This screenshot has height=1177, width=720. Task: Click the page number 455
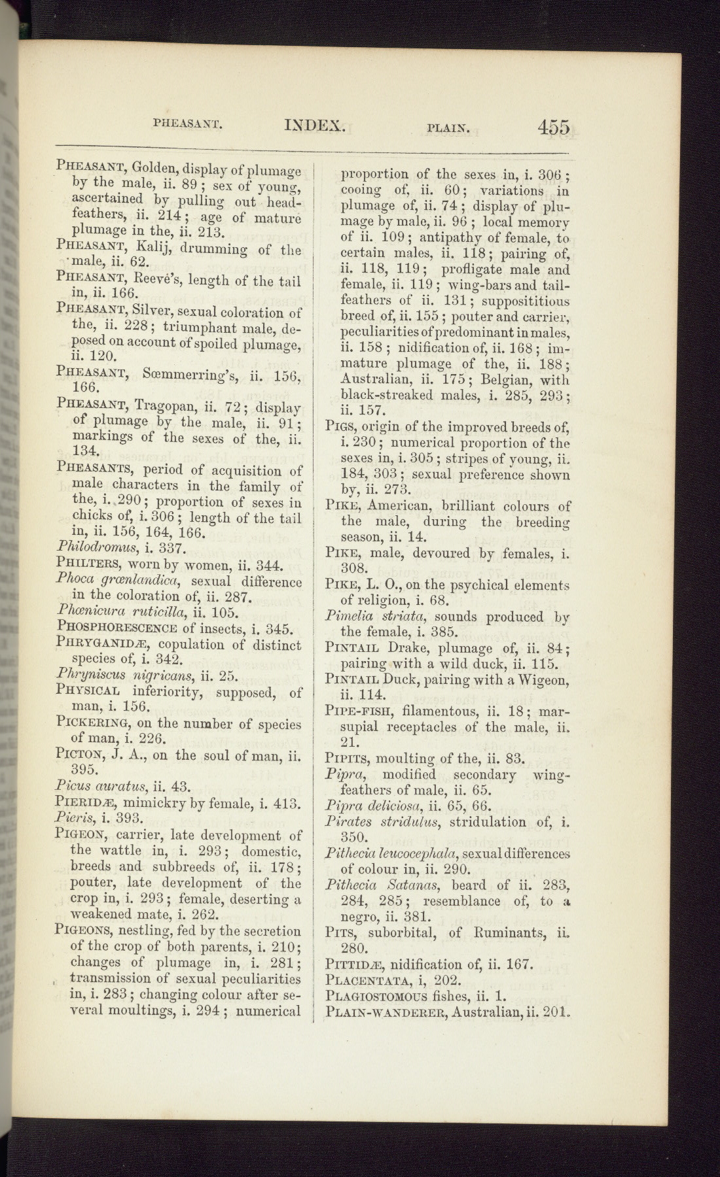[554, 126]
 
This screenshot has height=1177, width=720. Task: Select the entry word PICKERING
[96, 724]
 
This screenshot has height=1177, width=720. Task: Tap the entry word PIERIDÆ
[86, 804]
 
